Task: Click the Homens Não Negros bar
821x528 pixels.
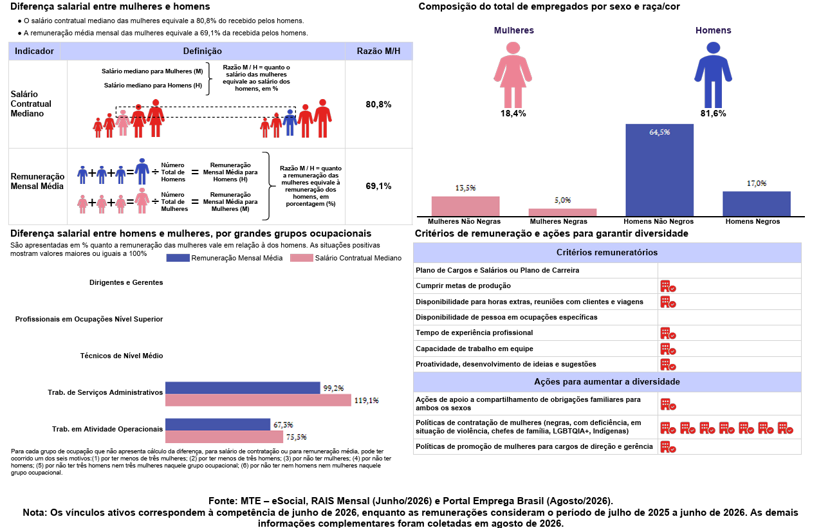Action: click(660, 170)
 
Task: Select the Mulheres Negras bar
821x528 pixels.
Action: click(562, 212)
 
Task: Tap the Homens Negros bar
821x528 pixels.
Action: click(757, 204)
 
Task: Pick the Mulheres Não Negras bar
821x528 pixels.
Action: click(465, 206)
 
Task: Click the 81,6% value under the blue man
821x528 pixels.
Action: click(713, 114)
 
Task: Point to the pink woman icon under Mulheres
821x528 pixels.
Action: click(513, 75)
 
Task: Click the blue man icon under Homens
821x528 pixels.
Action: click(713, 75)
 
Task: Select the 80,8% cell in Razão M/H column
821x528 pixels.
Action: click(378, 104)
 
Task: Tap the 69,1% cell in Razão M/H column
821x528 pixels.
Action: click(378, 186)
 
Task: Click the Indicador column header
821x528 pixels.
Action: click(34, 51)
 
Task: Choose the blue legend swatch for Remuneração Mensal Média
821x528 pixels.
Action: click(178, 258)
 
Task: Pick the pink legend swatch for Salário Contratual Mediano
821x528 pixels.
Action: click(302, 258)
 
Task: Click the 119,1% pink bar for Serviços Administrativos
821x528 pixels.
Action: click(258, 400)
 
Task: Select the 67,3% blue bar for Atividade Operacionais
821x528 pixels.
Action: click(217, 424)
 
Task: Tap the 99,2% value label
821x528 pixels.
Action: click(333, 388)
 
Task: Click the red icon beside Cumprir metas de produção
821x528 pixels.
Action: click(668, 286)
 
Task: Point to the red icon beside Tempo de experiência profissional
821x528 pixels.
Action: click(668, 333)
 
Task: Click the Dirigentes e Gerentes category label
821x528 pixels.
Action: click(126, 282)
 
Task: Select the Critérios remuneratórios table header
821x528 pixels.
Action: click(607, 253)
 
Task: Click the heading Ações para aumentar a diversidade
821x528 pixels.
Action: click(607, 382)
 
